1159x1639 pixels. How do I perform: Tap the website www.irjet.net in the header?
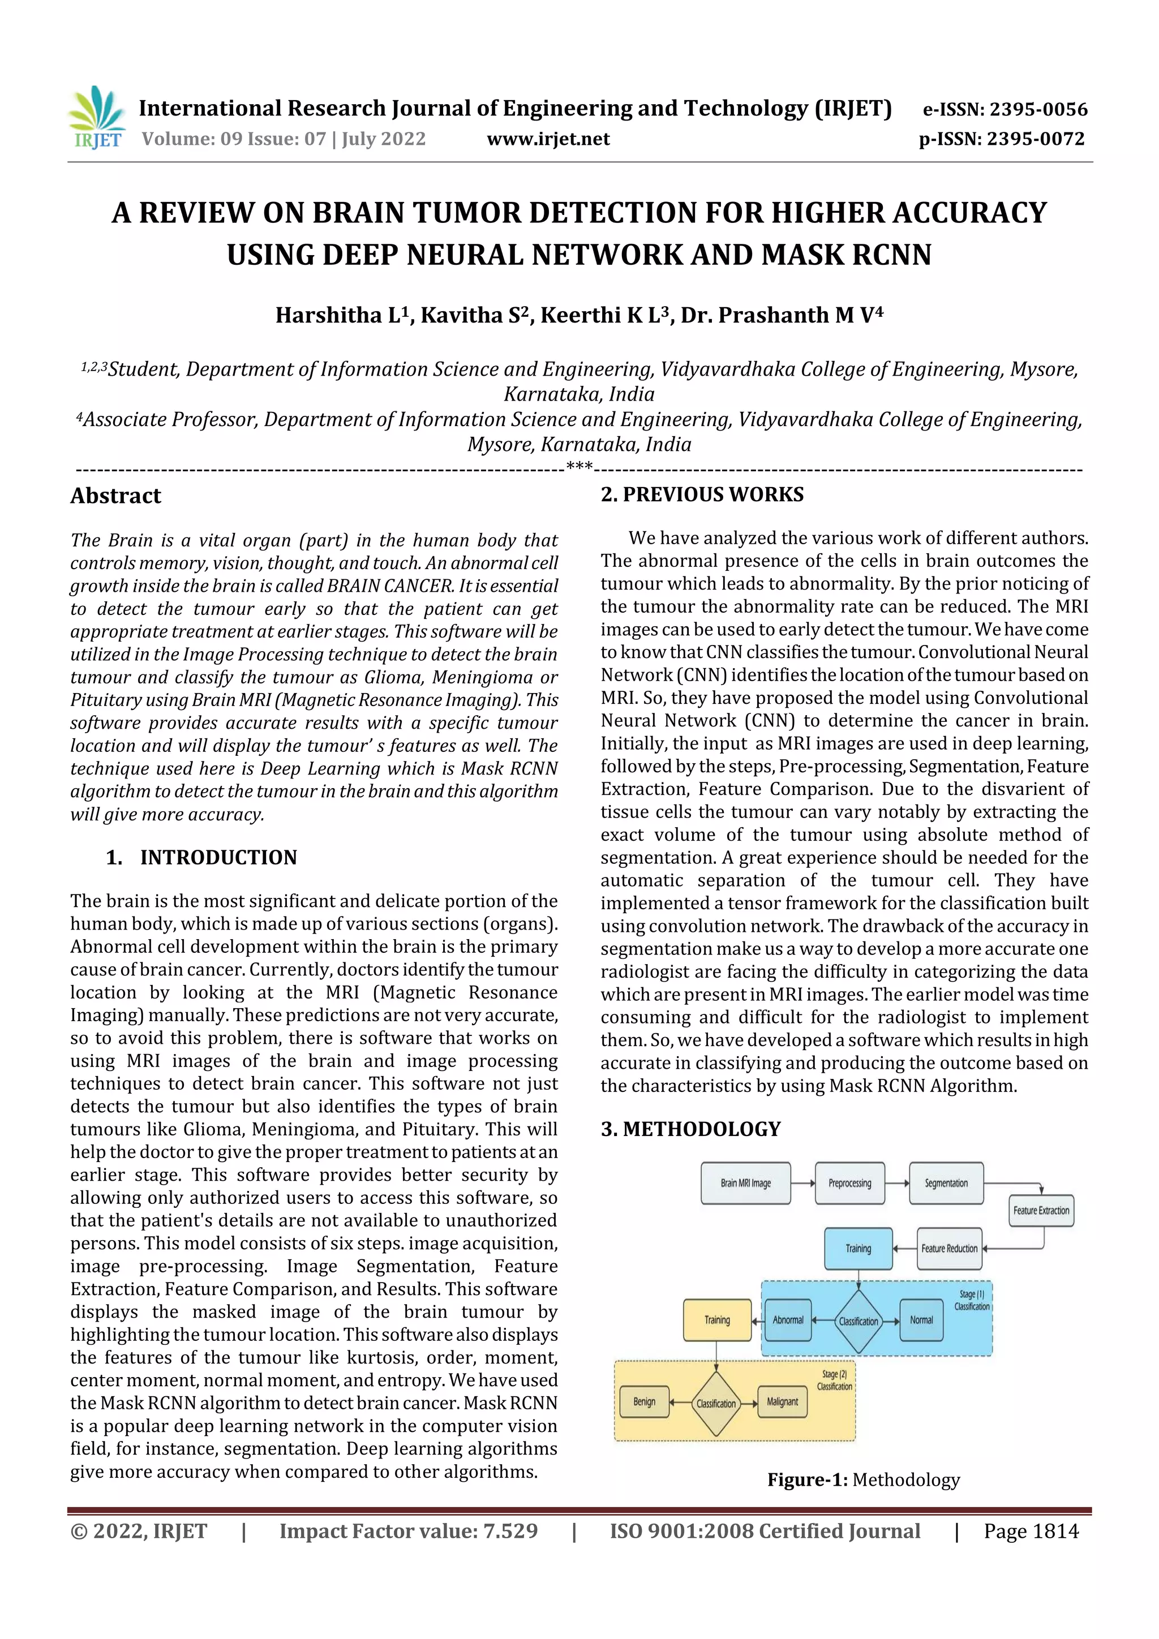548,139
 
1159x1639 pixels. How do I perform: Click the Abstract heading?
115,496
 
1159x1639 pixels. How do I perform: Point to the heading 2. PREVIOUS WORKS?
702,494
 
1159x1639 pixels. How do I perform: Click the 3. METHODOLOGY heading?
690,1129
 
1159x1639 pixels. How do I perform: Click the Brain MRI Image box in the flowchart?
745,1183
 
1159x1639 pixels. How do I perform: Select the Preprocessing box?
849,1183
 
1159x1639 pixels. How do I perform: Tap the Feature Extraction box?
1041,1211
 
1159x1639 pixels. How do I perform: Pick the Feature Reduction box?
949,1249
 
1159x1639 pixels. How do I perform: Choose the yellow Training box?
717,1320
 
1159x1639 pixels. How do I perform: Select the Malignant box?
782,1401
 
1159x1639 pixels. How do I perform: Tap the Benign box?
644,1401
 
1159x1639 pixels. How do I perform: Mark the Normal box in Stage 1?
921,1320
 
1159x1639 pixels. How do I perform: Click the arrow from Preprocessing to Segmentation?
897,1183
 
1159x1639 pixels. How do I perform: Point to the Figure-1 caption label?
807,1480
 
